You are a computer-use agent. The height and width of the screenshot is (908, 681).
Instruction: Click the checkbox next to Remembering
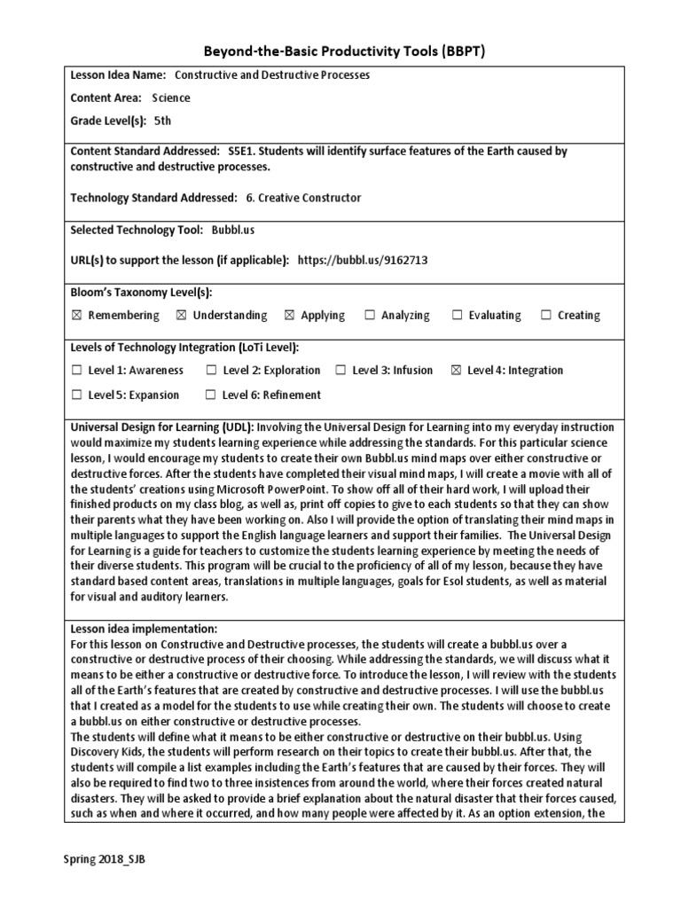pyautogui.click(x=77, y=315)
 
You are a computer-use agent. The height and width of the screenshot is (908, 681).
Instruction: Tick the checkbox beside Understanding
pyautogui.click(x=182, y=315)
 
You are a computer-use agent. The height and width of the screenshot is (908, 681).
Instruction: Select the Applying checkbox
pyautogui.click(x=289, y=315)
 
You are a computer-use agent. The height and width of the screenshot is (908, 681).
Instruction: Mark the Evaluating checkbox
pyautogui.click(x=458, y=315)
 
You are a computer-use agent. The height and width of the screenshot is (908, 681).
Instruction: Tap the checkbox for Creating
pyautogui.click(x=546, y=315)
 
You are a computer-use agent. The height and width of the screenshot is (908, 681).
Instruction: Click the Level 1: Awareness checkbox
pyautogui.click(x=77, y=370)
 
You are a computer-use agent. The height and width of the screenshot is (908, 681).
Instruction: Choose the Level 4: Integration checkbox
pyautogui.click(x=456, y=370)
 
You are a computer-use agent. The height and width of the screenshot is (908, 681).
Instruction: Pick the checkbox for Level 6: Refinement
pyautogui.click(x=210, y=395)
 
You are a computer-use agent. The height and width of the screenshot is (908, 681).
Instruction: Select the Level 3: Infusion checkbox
pyautogui.click(x=340, y=370)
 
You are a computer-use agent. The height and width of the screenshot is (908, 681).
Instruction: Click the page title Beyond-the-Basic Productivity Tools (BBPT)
pyautogui.click(x=340, y=52)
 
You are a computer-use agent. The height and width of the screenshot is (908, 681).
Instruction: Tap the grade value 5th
pyautogui.click(x=162, y=120)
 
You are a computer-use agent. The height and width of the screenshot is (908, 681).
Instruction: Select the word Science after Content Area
pyautogui.click(x=171, y=98)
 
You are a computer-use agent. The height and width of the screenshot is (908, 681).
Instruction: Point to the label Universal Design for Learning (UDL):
pyautogui.click(x=162, y=427)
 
